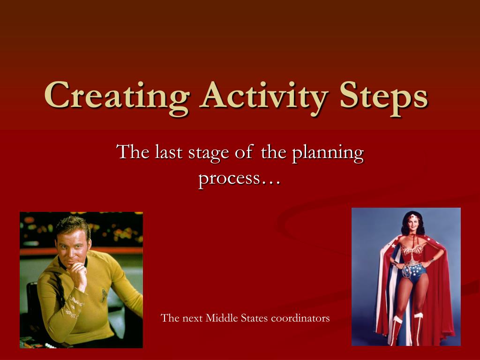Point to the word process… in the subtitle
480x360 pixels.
coord(239,178)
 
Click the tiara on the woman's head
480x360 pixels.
coord(412,217)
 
